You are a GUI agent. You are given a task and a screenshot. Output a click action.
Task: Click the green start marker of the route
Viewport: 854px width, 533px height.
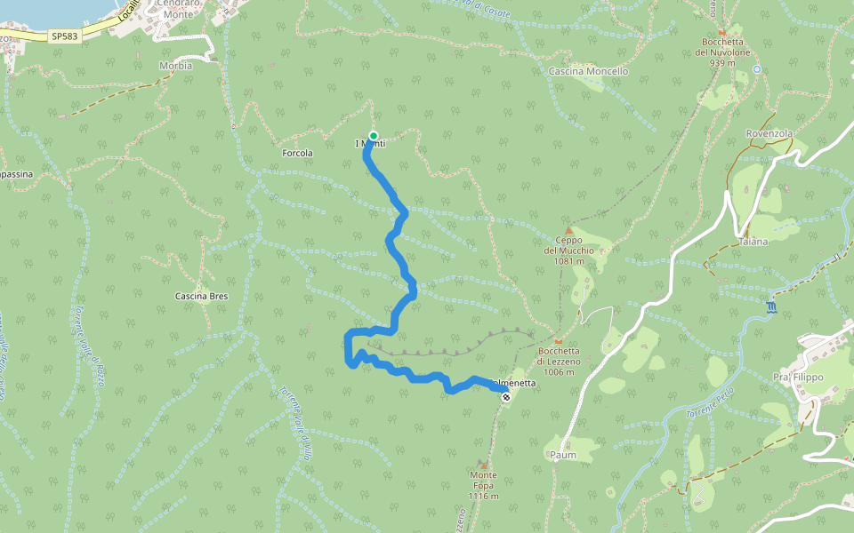pos(374,136)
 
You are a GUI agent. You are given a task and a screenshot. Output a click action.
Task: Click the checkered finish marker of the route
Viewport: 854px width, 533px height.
pos(505,397)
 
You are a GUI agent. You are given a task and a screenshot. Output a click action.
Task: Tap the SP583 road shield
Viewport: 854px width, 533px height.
pos(64,36)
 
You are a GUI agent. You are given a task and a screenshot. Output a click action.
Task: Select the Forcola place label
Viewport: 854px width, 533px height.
pos(297,153)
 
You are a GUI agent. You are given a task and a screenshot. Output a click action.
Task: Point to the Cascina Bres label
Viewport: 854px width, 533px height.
pos(202,296)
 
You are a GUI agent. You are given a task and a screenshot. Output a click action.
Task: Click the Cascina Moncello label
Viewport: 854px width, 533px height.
pos(589,71)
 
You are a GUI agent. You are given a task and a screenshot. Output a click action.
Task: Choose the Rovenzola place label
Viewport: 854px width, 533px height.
pos(769,133)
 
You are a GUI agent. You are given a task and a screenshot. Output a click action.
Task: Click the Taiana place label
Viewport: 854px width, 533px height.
pos(753,242)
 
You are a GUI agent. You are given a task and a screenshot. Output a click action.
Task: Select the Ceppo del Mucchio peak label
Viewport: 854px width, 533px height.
pos(568,250)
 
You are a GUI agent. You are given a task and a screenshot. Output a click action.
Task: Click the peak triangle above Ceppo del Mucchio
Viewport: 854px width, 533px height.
pos(568,230)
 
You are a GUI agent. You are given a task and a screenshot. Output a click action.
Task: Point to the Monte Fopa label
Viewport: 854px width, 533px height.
pos(483,485)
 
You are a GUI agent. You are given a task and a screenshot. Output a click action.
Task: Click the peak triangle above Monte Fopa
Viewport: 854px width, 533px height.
pos(483,465)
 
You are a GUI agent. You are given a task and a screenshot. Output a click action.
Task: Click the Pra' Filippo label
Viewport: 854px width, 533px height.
pos(798,377)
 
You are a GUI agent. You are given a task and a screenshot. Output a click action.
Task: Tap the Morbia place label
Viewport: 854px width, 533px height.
pos(175,66)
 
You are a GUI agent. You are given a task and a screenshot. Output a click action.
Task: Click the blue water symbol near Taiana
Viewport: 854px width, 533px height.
pos(770,307)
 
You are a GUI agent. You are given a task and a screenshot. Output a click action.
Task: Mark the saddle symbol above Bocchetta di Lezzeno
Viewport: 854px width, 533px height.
pos(559,341)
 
